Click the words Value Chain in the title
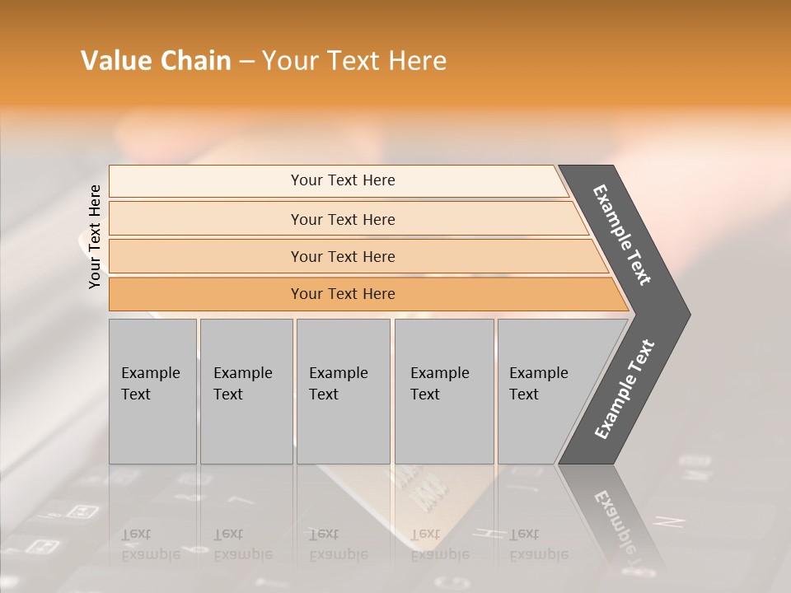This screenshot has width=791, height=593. click(x=156, y=61)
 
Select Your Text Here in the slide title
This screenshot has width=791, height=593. click(x=354, y=61)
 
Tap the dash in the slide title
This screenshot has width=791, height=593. click(x=246, y=62)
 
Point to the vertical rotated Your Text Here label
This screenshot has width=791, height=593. click(x=95, y=236)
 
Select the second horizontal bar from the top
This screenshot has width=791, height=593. click(x=342, y=219)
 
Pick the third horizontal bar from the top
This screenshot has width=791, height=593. click(x=342, y=256)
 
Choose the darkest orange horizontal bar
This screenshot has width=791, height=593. click(x=342, y=294)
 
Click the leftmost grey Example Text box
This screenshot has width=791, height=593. click(x=152, y=391)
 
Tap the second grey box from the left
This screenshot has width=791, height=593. click(x=246, y=391)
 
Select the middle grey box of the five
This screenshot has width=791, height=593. click(x=343, y=391)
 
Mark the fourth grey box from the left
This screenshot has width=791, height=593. click(x=443, y=391)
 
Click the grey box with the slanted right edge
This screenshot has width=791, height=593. click(x=544, y=391)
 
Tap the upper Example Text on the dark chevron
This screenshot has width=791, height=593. click(x=623, y=235)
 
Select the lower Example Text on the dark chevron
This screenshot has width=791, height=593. click(x=625, y=389)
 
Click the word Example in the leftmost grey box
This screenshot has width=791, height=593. click(x=150, y=373)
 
